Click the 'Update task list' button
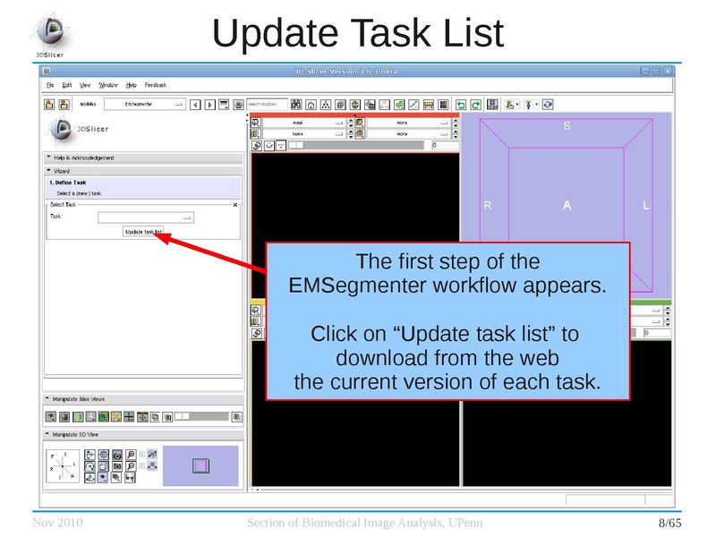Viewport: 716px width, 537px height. [x=143, y=231]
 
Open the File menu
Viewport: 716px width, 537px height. [x=51, y=85]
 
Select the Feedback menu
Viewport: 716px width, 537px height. [x=155, y=85]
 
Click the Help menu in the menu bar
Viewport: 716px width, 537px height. [x=132, y=85]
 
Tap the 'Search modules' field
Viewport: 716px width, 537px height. [x=268, y=104]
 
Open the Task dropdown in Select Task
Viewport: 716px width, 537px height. [x=146, y=217]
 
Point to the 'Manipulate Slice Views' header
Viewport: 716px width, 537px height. [x=85, y=399]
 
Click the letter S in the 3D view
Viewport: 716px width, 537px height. [x=567, y=126]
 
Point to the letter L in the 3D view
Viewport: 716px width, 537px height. [x=645, y=206]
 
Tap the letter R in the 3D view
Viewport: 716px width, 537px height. [x=488, y=206]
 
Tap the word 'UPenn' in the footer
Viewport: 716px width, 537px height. [x=448, y=523]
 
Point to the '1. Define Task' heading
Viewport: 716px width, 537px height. [x=68, y=183]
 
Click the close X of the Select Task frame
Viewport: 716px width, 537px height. [x=235, y=205]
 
